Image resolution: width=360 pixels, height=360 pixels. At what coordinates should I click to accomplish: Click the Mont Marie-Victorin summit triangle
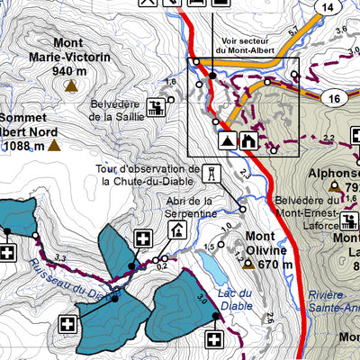click(71, 87)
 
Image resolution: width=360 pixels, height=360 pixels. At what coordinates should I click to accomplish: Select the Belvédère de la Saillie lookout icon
click(157, 110)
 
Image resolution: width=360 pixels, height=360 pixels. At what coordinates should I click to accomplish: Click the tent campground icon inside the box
click(227, 140)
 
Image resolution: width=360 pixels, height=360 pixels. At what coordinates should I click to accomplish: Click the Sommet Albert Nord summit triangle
click(54, 144)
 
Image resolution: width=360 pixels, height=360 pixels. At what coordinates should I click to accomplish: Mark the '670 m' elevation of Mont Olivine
click(275, 265)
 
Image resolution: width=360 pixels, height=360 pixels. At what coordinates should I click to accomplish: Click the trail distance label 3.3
click(60, 259)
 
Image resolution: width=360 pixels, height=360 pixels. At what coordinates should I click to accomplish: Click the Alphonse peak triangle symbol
click(334, 186)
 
